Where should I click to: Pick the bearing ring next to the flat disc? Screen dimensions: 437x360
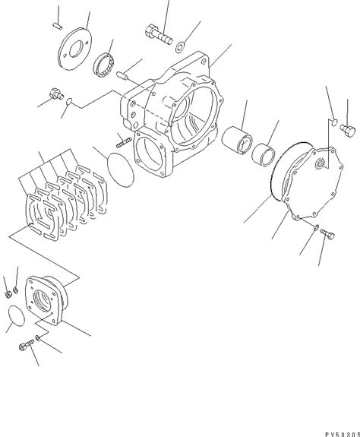pyautogui.click(x=103, y=65)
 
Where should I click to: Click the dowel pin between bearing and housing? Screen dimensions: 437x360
pyautogui.click(x=122, y=75)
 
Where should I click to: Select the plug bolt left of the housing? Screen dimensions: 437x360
pyautogui.click(x=54, y=95)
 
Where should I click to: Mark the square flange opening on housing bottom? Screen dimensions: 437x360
pyautogui.click(x=156, y=161)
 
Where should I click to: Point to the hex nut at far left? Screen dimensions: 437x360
pyautogui.click(x=8, y=290)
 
